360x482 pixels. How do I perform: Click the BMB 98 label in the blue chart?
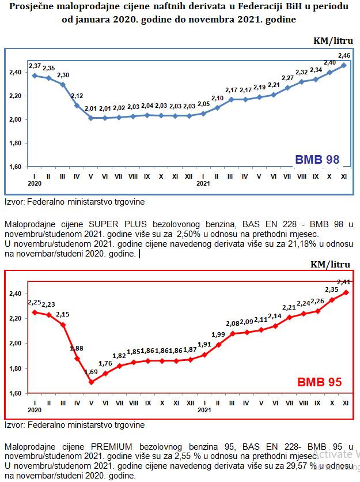point(317,160)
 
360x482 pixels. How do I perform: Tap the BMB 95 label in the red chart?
point(319,382)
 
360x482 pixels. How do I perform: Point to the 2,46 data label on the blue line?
point(344,55)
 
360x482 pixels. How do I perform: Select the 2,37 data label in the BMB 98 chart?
point(35,66)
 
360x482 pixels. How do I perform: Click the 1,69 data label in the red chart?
point(91,372)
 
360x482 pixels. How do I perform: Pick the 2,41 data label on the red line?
point(344,282)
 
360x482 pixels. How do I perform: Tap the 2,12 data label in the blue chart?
point(77,96)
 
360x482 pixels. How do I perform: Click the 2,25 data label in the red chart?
point(35,302)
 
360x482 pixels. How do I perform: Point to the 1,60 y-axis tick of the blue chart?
point(17,167)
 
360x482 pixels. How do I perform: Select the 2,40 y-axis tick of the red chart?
point(17,293)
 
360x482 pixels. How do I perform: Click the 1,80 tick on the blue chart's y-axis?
point(17,144)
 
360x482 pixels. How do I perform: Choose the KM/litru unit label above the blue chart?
point(332,41)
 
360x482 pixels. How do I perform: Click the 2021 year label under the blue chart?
point(203,184)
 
